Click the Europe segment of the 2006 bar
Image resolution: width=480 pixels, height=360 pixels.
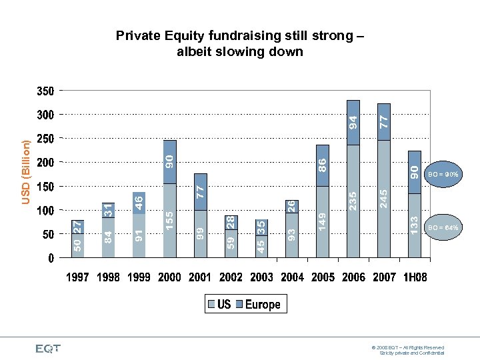[x=353, y=123]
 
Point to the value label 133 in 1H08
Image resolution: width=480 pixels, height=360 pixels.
[x=414, y=224]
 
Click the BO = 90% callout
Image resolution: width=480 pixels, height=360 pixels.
[x=443, y=174]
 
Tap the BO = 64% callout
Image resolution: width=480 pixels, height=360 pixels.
[x=443, y=227]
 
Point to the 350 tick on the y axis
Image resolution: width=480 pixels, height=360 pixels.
[x=45, y=91]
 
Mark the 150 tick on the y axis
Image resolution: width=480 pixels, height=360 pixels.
[x=45, y=187]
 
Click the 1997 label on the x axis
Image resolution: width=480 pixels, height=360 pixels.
[x=77, y=277]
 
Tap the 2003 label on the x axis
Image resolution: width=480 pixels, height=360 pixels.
[x=261, y=277]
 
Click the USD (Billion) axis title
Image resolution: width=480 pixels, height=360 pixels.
[x=25, y=171]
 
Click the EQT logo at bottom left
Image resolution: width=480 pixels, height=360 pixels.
[x=48, y=348]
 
